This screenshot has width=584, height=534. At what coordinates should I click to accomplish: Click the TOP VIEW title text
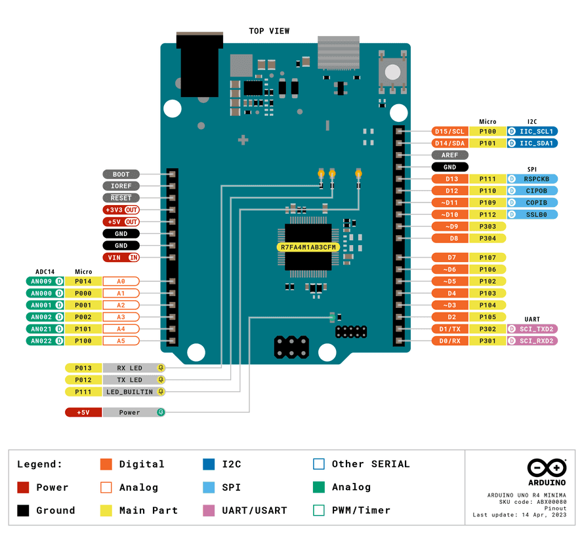pyautogui.click(x=269, y=31)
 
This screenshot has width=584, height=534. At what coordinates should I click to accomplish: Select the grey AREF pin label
pyautogui.click(x=449, y=155)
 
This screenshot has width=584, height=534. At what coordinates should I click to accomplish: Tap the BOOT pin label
pyautogui.click(x=121, y=174)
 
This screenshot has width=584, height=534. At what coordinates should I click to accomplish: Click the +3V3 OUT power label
pyautogui.click(x=121, y=210)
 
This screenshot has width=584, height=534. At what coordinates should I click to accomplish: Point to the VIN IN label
pyautogui.click(x=121, y=257)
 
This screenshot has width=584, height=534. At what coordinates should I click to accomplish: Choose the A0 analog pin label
pyautogui.click(x=121, y=281)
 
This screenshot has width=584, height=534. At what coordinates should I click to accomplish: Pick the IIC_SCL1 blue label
pyautogui.click(x=532, y=132)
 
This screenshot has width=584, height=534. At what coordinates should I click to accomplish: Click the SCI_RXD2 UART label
pyautogui.click(x=532, y=341)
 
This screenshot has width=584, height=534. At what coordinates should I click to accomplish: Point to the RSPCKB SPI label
pyautogui.click(x=532, y=179)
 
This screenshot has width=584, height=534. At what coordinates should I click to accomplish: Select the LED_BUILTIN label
pyautogui.click(x=129, y=392)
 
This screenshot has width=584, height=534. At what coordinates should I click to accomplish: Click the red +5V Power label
pyautogui.click(x=83, y=413)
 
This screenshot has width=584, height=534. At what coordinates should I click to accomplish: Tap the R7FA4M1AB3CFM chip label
pyautogui.click(x=308, y=247)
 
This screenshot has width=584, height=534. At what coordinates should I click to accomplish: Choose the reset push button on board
pyautogui.click(x=392, y=70)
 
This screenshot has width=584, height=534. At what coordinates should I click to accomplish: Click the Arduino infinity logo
pyautogui.click(x=547, y=468)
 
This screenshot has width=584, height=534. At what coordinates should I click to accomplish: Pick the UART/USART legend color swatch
pyautogui.click(x=209, y=510)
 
